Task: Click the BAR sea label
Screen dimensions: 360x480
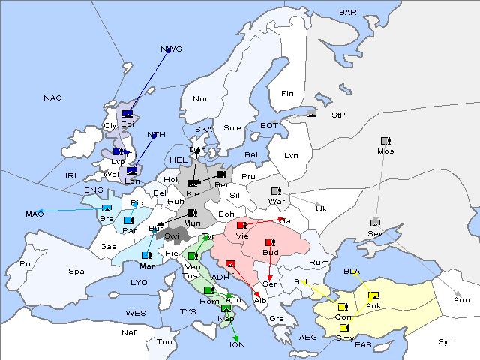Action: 348,13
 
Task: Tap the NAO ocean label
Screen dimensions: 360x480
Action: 52,98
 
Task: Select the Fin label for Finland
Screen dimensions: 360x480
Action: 287,94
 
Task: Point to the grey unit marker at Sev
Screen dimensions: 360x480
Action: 375,223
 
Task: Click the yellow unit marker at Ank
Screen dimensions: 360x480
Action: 373,295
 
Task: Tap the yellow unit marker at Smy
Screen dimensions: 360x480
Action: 344,328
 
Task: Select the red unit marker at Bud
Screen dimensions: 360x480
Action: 270,242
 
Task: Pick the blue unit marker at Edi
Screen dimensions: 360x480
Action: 127,114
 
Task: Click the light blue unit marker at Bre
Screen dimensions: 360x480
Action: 106,208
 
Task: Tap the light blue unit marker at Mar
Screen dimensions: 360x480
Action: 146,255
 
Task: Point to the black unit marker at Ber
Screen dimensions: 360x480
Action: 221,174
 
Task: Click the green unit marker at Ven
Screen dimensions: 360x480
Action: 193,256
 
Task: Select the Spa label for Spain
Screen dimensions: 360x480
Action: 76,271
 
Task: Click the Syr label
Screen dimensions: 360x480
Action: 445,341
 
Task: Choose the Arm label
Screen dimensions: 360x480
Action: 462,300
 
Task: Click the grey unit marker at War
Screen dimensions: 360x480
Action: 276,190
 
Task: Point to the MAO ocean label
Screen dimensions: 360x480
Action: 34,214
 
